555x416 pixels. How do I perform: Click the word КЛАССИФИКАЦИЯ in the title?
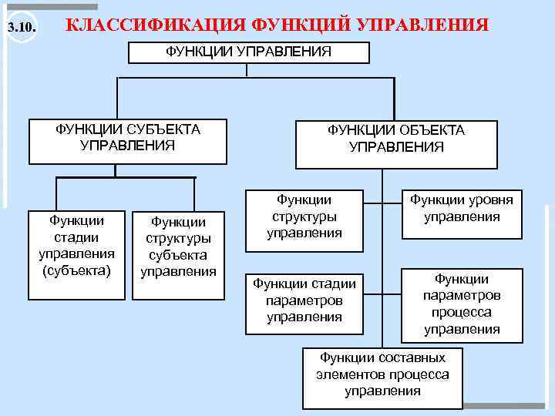coord(156,25)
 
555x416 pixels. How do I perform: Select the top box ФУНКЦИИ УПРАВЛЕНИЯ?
coord(248,52)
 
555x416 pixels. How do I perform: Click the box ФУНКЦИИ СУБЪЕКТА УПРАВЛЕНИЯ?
coord(127,140)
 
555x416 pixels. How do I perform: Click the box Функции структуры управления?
coord(304,219)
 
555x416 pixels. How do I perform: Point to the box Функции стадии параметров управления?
coord(304,302)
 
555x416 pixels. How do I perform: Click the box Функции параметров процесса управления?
coord(461,304)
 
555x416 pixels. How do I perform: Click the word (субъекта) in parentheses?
coord(76,270)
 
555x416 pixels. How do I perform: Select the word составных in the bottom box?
coord(412,358)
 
